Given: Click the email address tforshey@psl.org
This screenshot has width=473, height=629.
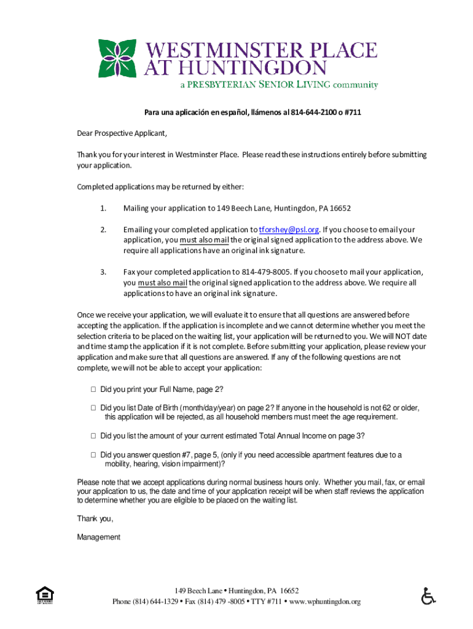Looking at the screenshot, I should [x=289, y=230].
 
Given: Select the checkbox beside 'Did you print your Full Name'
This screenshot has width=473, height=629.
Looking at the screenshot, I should [x=93, y=389].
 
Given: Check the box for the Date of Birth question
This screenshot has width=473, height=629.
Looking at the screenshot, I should [x=93, y=407].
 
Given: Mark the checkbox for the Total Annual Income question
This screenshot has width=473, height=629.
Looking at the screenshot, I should [x=93, y=436].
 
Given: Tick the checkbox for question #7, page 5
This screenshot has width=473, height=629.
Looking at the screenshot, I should [x=93, y=455].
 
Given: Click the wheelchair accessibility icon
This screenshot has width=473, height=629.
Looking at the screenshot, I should [x=428, y=595].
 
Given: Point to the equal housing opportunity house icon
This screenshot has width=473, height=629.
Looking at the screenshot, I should [x=45, y=595].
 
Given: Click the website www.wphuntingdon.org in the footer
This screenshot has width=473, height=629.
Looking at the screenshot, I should [x=324, y=601].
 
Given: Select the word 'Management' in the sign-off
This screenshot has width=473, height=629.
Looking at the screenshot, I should [x=98, y=537].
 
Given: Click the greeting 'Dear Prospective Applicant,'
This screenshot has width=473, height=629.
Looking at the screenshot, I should [x=122, y=133].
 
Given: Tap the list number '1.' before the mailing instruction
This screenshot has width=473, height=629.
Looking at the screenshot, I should [x=103, y=208].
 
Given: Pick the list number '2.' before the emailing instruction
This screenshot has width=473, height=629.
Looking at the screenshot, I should [x=103, y=230].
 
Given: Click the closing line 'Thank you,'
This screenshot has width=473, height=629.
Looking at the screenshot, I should [x=95, y=518].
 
